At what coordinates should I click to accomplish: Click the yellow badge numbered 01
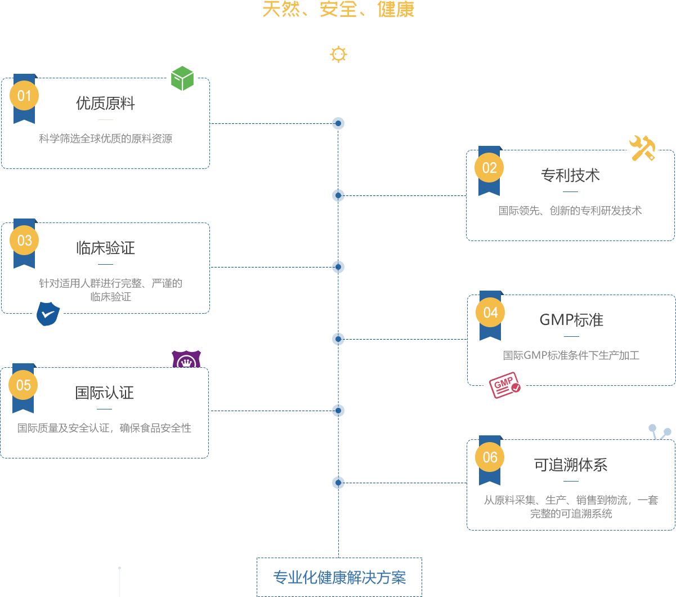[x=24, y=96]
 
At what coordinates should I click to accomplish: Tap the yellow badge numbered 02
[x=489, y=168]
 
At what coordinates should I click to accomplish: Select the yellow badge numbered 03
[x=24, y=240]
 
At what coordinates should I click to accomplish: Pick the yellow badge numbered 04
[x=490, y=313]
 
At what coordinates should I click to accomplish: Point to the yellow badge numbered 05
[x=23, y=385]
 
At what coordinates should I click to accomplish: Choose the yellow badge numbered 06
[x=490, y=457]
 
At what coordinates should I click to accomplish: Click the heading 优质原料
[x=105, y=104]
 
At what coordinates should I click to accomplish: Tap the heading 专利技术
[x=570, y=176]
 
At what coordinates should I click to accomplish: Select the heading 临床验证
[x=105, y=248]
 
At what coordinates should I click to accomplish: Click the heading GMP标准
[x=571, y=320]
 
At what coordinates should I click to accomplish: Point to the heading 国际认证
[x=104, y=393]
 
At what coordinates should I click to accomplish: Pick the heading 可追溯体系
[x=571, y=465]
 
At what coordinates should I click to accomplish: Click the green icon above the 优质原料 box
[x=182, y=78]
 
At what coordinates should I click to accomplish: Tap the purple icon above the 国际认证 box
[x=186, y=359]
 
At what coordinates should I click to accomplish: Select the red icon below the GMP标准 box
[x=504, y=386]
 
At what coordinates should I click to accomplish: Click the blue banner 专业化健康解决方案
[x=339, y=577]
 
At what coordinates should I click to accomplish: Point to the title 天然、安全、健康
[x=338, y=10]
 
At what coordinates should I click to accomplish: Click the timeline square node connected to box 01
[x=338, y=123]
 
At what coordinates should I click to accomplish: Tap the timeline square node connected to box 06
[x=338, y=483]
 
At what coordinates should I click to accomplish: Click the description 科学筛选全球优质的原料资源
[x=105, y=139]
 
